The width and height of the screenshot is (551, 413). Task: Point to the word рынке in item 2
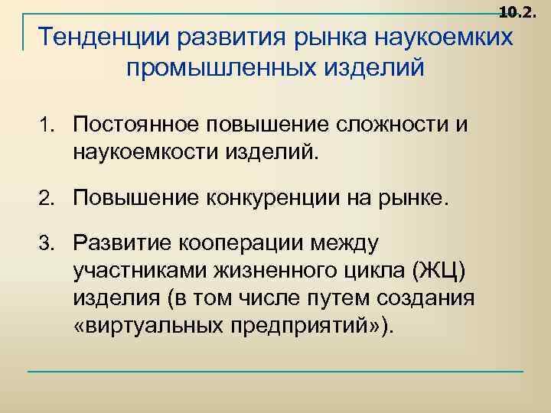click(413, 200)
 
